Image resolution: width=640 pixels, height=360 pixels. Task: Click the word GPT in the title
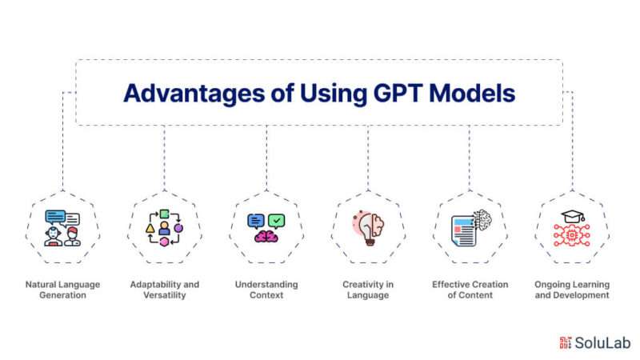[x=397, y=93]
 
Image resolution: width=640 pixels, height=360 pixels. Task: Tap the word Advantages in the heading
[x=194, y=94]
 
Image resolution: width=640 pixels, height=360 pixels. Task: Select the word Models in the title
[x=472, y=93]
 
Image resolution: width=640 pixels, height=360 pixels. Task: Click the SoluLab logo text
[x=602, y=343]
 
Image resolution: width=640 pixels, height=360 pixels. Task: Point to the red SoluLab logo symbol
[x=566, y=343]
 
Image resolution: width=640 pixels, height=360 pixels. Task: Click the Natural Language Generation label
[x=62, y=290]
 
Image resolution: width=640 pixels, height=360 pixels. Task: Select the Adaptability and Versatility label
[x=165, y=290]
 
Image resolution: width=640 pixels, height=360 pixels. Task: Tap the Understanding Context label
[x=266, y=290]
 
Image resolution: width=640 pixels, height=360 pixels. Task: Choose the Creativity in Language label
[x=368, y=290]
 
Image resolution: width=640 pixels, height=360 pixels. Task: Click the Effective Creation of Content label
[x=470, y=290]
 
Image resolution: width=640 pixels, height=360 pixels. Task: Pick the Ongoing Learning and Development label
[x=572, y=290]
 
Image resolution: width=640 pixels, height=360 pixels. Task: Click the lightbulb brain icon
[x=368, y=228]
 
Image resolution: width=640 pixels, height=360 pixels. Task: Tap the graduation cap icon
[x=573, y=217]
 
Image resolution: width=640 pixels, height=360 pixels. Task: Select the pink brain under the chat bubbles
[x=266, y=236]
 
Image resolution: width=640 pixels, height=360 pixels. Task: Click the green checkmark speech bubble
[x=276, y=222]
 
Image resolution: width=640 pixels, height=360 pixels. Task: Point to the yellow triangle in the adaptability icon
[x=150, y=229]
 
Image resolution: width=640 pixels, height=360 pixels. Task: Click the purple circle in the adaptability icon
[x=178, y=228]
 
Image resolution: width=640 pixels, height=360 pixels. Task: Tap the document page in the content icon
[x=464, y=231]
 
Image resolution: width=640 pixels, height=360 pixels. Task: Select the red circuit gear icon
[x=572, y=235]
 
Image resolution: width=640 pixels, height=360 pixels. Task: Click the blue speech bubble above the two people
[x=55, y=217]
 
